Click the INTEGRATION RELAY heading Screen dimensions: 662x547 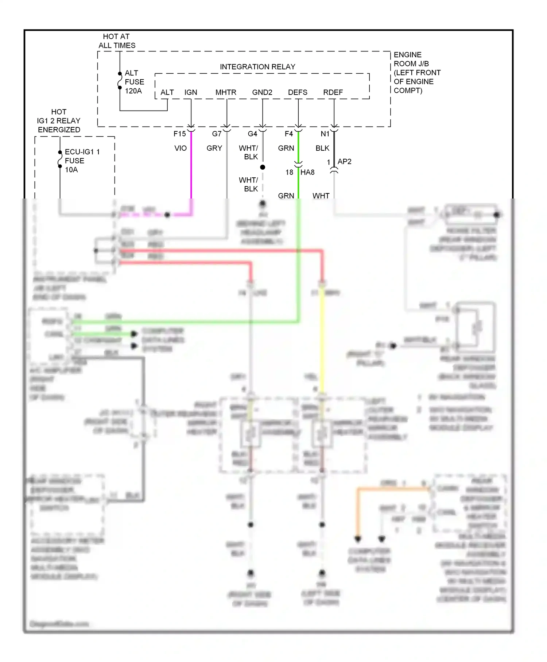click(257, 67)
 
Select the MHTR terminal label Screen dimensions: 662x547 click(226, 92)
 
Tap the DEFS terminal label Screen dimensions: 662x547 click(298, 92)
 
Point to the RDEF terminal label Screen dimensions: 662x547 click(333, 92)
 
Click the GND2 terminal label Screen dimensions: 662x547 click(262, 92)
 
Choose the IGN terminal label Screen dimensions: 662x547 click(191, 92)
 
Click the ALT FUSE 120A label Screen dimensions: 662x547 click(134, 82)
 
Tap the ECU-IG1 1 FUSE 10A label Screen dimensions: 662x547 click(82, 161)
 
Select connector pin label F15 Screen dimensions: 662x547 click(180, 134)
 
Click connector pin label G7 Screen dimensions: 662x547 click(217, 134)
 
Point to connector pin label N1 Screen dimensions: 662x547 click(325, 134)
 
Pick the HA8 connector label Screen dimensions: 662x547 click(307, 172)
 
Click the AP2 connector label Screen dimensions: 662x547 click(344, 161)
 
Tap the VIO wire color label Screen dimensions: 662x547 click(181, 148)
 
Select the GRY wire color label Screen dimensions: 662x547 click(214, 148)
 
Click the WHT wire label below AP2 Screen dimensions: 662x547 click(321, 196)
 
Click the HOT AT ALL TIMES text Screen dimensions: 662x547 click(117, 41)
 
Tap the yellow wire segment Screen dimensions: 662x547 click(322, 339)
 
